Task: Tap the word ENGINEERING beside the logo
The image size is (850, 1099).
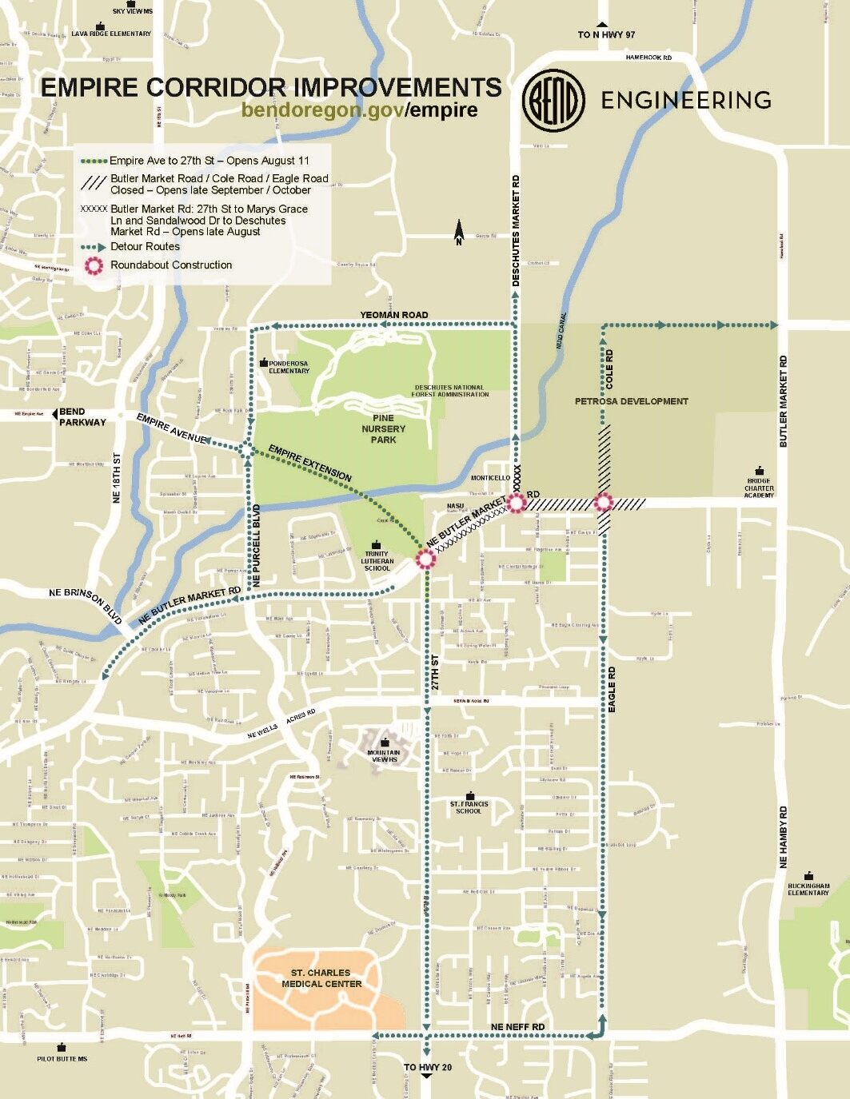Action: pyautogui.click(x=685, y=100)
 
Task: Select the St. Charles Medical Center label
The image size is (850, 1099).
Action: pyautogui.click(x=321, y=978)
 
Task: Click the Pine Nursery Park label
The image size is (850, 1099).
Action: pyautogui.click(x=383, y=428)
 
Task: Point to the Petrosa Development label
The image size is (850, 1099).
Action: pyautogui.click(x=631, y=401)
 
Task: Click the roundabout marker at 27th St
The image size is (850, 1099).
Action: pyautogui.click(x=425, y=559)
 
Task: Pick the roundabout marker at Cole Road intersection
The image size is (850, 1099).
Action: pyautogui.click(x=603, y=503)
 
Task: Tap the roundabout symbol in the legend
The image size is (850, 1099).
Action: pyautogui.click(x=94, y=266)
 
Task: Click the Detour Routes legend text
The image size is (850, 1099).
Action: pyautogui.click(x=145, y=247)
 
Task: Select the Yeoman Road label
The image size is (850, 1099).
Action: pyautogui.click(x=393, y=315)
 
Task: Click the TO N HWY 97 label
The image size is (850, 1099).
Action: pyautogui.click(x=605, y=35)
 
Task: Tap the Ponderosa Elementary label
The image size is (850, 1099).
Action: pyautogui.click(x=289, y=367)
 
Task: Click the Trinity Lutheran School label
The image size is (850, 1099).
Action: pyautogui.click(x=377, y=560)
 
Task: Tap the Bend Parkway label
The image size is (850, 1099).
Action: pyautogui.click(x=82, y=417)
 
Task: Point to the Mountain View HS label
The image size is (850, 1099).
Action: pyautogui.click(x=384, y=755)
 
